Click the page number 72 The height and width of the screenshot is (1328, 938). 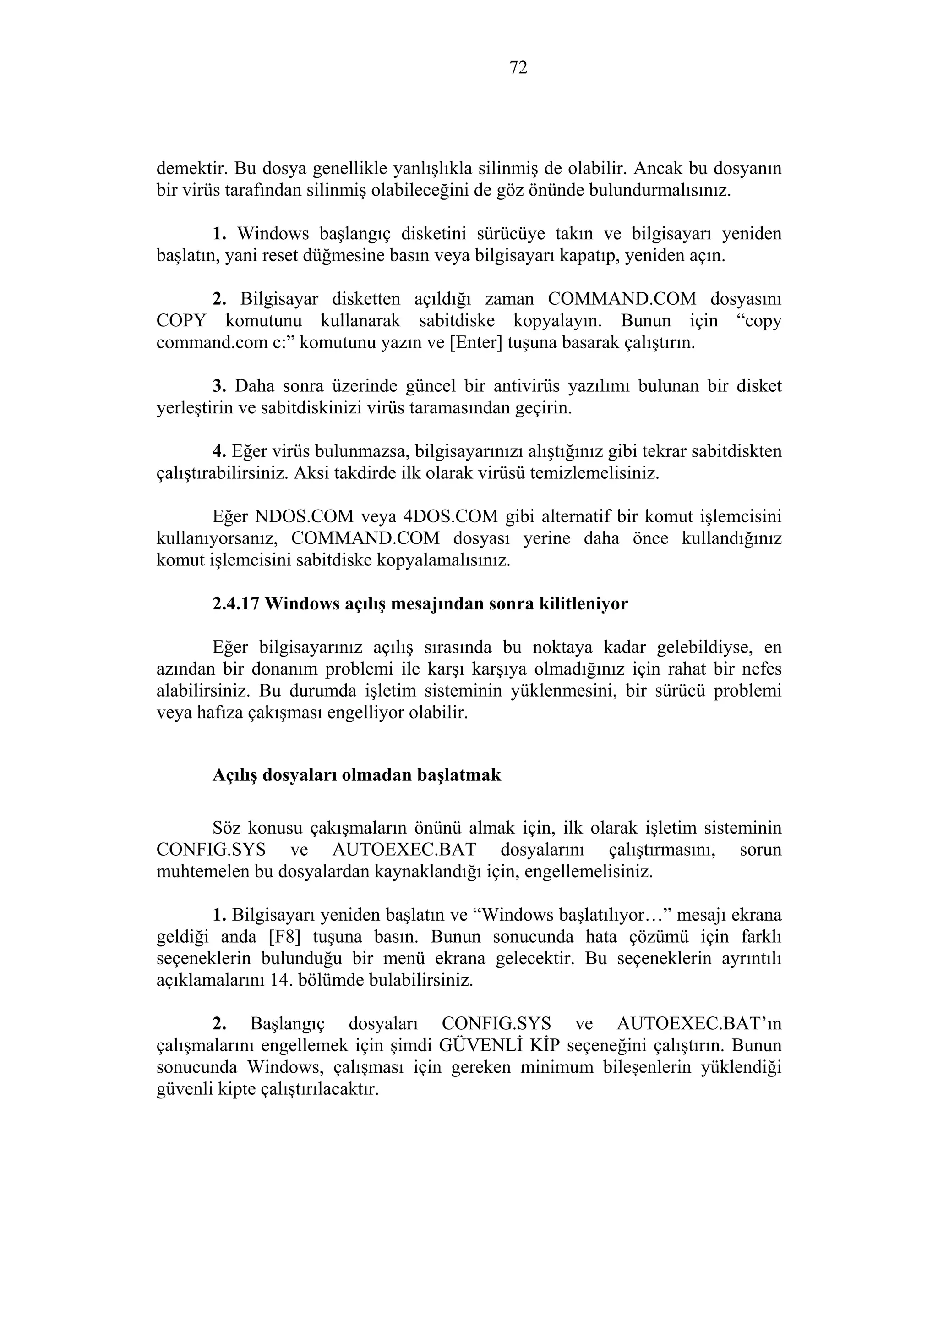(x=518, y=68)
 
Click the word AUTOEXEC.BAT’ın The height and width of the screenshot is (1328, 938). (x=699, y=1024)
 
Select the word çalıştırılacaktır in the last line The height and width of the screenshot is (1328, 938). (x=321, y=1090)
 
